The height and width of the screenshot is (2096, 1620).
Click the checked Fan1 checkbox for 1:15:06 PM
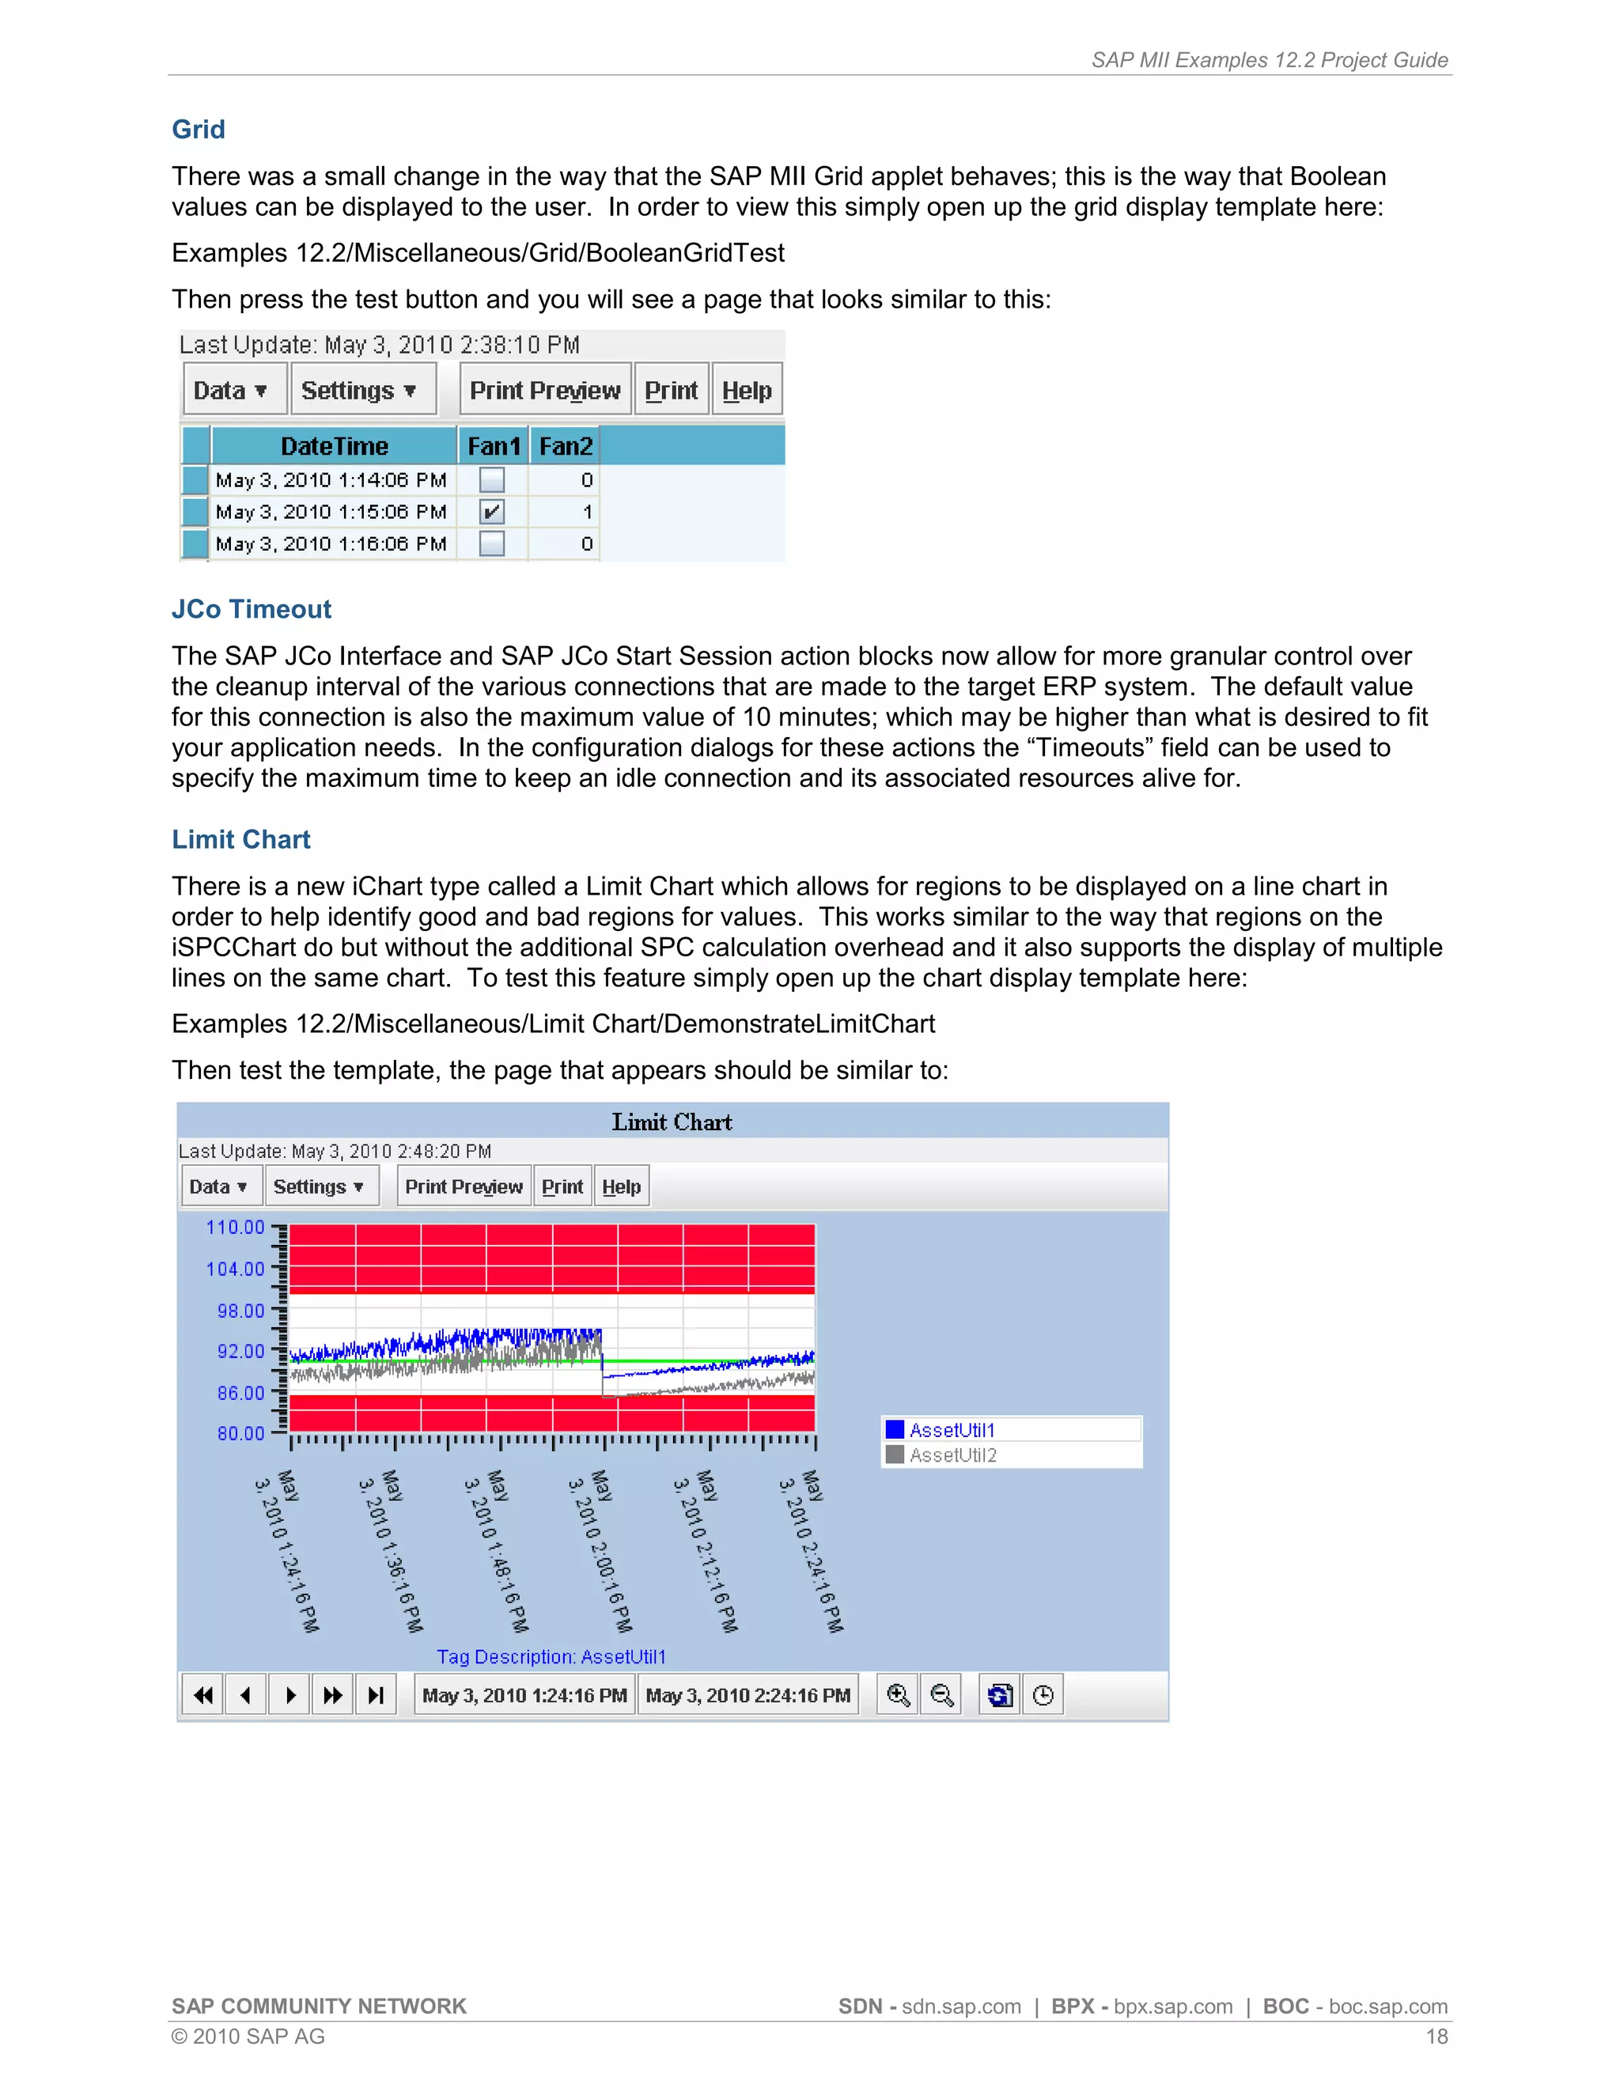tap(492, 512)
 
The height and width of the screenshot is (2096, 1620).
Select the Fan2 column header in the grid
tap(566, 446)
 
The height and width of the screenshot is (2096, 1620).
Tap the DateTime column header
tap(334, 446)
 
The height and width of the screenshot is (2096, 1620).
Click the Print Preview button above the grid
tap(545, 391)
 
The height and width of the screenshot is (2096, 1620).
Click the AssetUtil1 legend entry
tap(951, 1430)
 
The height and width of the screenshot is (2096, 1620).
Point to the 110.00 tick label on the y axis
tap(235, 1228)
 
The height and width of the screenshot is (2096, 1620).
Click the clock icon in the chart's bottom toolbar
tap(1043, 1696)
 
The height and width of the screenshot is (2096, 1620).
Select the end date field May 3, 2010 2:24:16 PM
tap(748, 1696)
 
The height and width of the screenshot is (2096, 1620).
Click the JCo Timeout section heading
tap(252, 609)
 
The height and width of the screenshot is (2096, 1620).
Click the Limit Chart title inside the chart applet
tap(672, 1122)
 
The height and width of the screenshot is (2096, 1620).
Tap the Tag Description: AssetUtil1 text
tap(551, 1656)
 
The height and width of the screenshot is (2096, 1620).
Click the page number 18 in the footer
tap(1436, 2037)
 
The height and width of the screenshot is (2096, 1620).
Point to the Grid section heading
tap(199, 130)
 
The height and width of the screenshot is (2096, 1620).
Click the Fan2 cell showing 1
tap(586, 512)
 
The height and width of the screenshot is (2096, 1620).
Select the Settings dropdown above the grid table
tap(358, 391)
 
